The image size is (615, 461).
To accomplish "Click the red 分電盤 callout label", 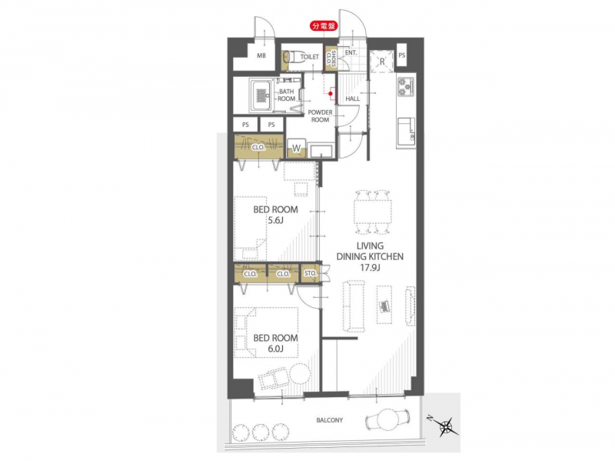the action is pyautogui.click(x=324, y=26).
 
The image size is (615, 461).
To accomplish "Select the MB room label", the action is pyautogui.click(x=261, y=55).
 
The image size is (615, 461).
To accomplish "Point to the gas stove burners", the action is pyautogui.click(x=406, y=87).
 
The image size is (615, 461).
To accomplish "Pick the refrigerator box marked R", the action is pyautogui.click(x=382, y=62).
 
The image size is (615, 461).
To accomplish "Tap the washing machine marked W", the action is pyautogui.click(x=296, y=149).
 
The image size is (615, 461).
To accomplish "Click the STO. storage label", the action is pyautogui.click(x=311, y=273).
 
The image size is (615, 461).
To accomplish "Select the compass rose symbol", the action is pyautogui.click(x=446, y=426).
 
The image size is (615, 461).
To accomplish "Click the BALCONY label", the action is pyautogui.click(x=330, y=420).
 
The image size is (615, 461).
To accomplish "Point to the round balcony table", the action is pyautogui.click(x=388, y=420).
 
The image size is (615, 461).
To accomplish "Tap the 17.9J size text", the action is pyautogui.click(x=370, y=268).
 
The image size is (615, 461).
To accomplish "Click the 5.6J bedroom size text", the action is pyautogui.click(x=275, y=220).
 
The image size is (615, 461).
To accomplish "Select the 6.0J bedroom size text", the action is pyautogui.click(x=275, y=349).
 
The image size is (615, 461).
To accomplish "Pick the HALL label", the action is pyautogui.click(x=353, y=99).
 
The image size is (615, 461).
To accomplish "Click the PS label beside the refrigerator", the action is pyautogui.click(x=401, y=55).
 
